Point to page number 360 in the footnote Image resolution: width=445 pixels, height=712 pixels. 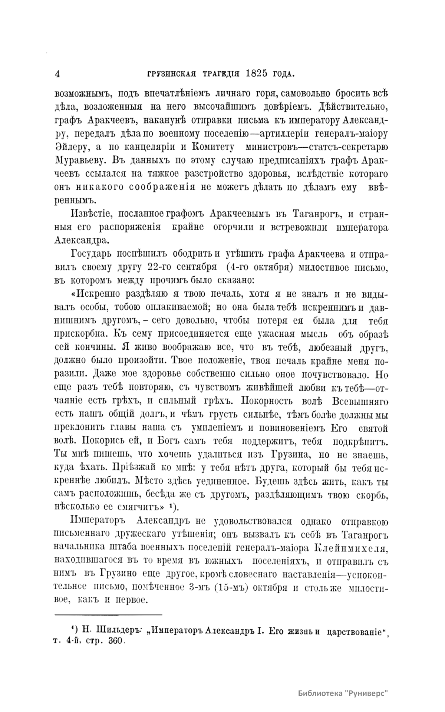114,642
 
